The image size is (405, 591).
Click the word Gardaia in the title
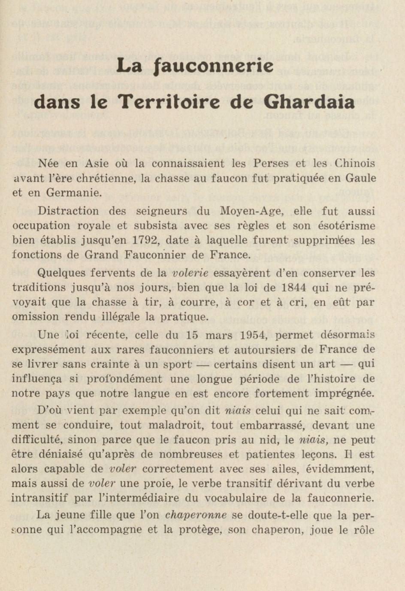[x=309, y=102]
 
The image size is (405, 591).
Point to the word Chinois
[x=355, y=164]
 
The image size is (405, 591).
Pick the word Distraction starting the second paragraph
[x=68, y=211]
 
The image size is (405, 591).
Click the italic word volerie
[x=190, y=273]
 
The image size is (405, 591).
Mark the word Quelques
[x=60, y=273]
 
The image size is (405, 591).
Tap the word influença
[x=36, y=379]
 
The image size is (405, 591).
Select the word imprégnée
[x=345, y=394]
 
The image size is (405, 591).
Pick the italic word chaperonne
[x=196, y=515]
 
